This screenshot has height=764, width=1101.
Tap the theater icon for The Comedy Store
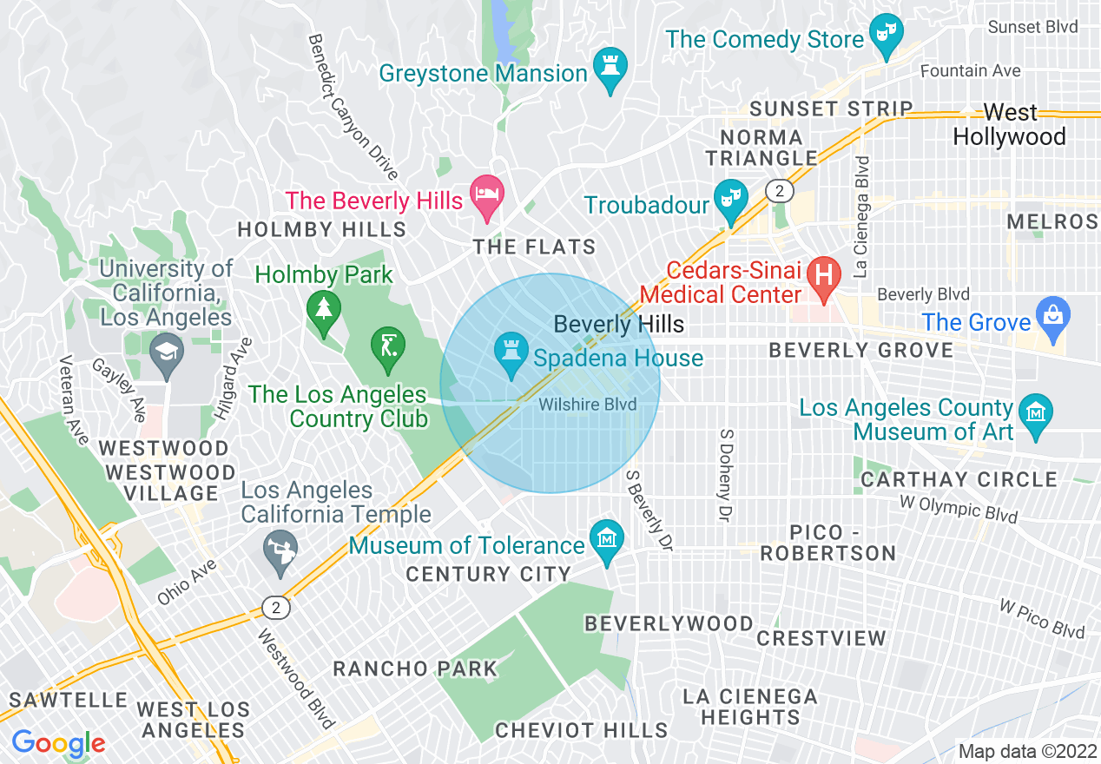(x=887, y=35)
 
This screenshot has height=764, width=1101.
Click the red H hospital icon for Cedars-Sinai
(x=823, y=275)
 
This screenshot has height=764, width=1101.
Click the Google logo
(x=58, y=743)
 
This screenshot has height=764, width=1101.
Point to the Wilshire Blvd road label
(x=588, y=405)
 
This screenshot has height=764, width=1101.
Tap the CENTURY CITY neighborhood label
(x=488, y=574)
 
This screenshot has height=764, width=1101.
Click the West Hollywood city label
(x=1009, y=125)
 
